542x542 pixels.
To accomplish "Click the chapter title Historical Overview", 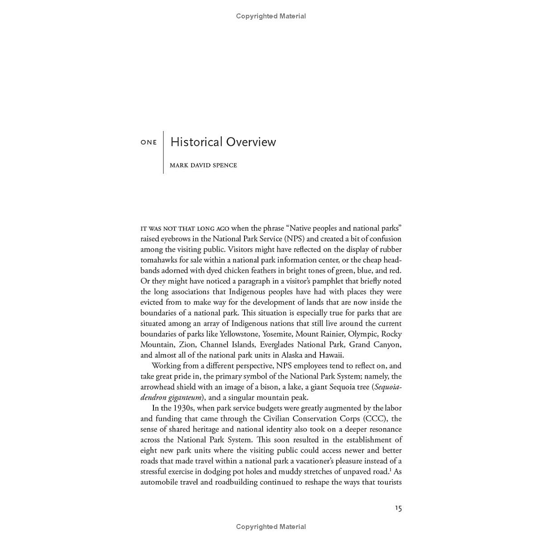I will point(223,142).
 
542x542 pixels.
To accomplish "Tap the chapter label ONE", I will point(149,143).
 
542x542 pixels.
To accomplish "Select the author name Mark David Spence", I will point(203,165).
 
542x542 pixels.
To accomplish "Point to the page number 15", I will point(398,508).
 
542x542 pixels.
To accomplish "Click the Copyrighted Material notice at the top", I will point(271,16).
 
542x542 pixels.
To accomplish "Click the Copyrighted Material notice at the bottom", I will point(271,527).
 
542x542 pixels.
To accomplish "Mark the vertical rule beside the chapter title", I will point(163,153).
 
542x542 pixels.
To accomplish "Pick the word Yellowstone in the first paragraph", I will point(239,334).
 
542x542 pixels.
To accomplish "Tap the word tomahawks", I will point(160,260).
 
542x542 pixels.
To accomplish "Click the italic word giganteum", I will point(184,398).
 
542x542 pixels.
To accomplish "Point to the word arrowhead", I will point(157,387).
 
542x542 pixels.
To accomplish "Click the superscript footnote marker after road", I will point(390,470).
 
